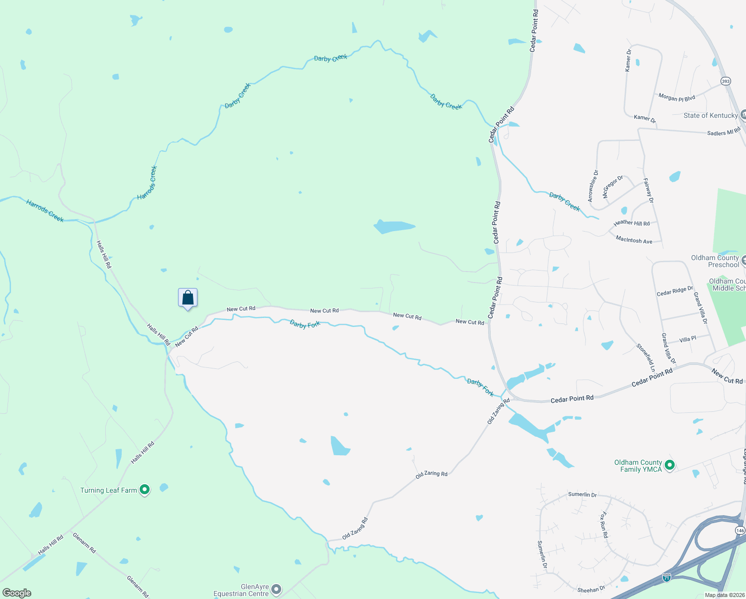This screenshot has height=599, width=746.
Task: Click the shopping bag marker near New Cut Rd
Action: [x=187, y=298]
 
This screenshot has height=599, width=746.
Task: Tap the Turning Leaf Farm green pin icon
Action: [x=145, y=490]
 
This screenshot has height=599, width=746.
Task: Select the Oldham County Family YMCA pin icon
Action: [x=670, y=466]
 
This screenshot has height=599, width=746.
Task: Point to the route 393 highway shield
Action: [x=726, y=81]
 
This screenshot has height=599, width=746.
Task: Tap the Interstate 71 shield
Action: [x=667, y=578]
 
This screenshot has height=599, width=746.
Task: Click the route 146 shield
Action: [x=740, y=530]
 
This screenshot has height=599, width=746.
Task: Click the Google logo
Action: [x=17, y=593]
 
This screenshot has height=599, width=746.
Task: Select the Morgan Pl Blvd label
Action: [x=677, y=98]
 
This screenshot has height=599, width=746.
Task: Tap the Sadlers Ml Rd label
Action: [x=724, y=132]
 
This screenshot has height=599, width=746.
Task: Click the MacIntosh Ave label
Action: [x=634, y=240]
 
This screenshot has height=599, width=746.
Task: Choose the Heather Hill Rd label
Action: [x=631, y=223]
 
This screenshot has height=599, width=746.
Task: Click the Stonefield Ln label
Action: [x=646, y=357]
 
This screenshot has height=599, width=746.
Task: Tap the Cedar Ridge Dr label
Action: [x=675, y=291]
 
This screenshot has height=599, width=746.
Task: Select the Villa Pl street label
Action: [x=688, y=339]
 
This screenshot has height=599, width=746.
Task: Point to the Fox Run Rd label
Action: [x=604, y=525]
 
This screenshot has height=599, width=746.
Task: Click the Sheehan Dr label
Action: [x=591, y=590]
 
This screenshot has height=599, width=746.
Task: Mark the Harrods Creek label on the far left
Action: [x=45, y=211]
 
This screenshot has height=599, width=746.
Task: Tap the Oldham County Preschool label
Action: [x=715, y=261]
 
